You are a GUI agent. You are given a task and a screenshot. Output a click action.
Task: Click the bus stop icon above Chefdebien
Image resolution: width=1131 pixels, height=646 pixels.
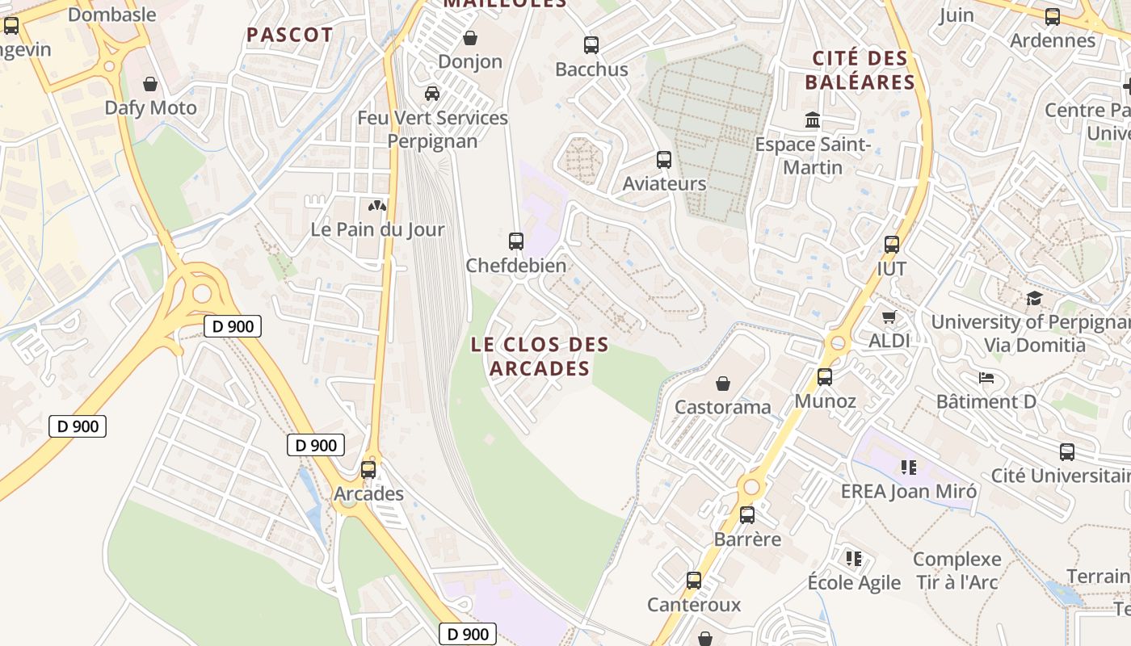pyautogui.click(x=516, y=241)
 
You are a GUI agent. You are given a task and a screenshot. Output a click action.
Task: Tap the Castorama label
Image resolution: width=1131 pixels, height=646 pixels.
pyautogui.click(x=723, y=406)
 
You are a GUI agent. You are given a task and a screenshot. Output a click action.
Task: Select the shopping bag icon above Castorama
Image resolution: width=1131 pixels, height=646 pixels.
pyautogui.click(x=723, y=383)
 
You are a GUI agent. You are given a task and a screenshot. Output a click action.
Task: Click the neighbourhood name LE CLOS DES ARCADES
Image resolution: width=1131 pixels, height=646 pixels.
pyautogui.click(x=540, y=356)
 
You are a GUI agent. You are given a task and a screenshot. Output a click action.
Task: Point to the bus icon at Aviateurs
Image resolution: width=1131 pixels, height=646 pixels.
pyautogui.click(x=664, y=160)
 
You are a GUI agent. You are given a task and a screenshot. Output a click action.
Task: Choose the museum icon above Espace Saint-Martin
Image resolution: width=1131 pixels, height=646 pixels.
pyautogui.click(x=813, y=120)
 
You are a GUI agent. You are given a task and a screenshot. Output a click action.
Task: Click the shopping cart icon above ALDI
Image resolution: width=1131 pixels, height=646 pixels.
pyautogui.click(x=889, y=317)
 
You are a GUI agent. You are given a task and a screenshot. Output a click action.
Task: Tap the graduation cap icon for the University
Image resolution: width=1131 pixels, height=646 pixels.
pyautogui.click(x=1034, y=299)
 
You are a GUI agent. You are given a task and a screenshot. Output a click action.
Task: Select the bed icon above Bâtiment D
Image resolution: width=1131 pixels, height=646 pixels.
pyautogui.click(x=986, y=377)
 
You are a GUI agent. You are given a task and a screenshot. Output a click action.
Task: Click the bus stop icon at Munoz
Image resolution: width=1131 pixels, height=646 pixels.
pyautogui.click(x=825, y=376)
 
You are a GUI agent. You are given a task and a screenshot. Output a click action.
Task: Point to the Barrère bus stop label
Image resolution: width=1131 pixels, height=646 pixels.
pyautogui.click(x=747, y=539)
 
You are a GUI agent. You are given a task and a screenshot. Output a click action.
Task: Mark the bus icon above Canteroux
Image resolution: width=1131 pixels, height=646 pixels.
pyautogui.click(x=694, y=580)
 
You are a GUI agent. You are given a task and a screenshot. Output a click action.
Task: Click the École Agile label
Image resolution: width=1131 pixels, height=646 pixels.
pyautogui.click(x=854, y=582)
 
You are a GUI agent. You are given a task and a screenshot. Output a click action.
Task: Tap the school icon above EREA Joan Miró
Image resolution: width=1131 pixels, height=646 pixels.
pyautogui.click(x=909, y=467)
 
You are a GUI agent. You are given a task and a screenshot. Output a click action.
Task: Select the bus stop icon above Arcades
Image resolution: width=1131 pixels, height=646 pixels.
pyautogui.click(x=368, y=469)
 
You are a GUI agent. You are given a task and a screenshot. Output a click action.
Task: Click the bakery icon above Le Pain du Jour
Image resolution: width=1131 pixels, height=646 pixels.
pyautogui.click(x=377, y=206)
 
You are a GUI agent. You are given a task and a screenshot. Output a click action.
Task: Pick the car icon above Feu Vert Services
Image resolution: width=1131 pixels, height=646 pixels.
pyautogui.click(x=432, y=94)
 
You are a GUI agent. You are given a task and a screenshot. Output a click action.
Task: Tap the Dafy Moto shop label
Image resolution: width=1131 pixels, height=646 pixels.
pyautogui.click(x=150, y=107)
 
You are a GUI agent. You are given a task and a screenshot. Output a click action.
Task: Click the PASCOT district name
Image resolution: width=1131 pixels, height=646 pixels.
pyautogui.click(x=289, y=35)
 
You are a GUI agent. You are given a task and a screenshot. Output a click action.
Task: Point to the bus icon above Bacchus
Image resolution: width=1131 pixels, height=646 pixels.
pyautogui.click(x=591, y=45)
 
